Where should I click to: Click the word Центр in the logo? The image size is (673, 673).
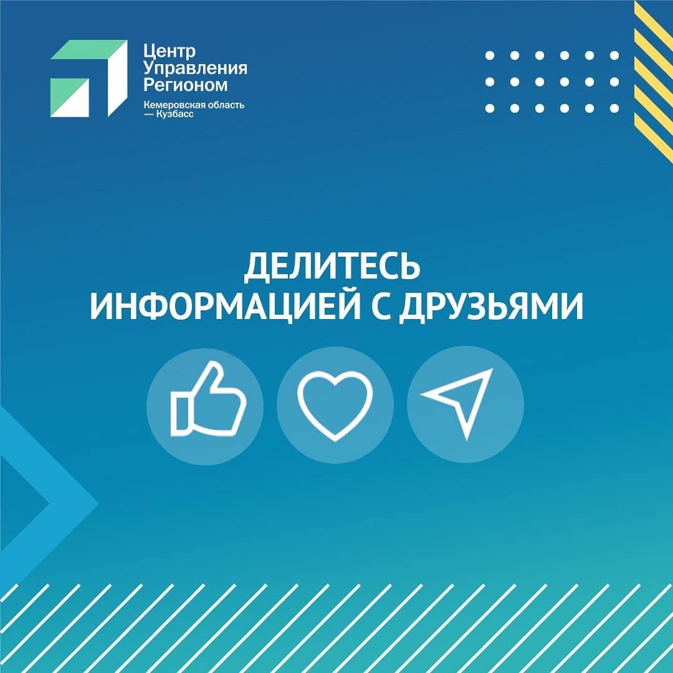point(169,51)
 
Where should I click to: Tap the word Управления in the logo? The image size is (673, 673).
point(195,69)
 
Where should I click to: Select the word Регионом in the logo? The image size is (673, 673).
point(186,85)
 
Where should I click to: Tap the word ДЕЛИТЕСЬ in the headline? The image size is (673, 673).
point(332,266)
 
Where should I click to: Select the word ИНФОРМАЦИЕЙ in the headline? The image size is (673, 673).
point(226,307)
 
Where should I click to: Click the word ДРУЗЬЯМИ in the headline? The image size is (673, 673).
point(492,307)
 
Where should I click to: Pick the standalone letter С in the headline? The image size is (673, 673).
point(380,307)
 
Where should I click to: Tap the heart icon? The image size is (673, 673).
point(335,405)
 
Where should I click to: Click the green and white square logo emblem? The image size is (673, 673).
point(89,79)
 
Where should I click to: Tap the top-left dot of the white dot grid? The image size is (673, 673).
point(490,55)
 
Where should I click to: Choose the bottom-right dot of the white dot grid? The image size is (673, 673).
point(614,108)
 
